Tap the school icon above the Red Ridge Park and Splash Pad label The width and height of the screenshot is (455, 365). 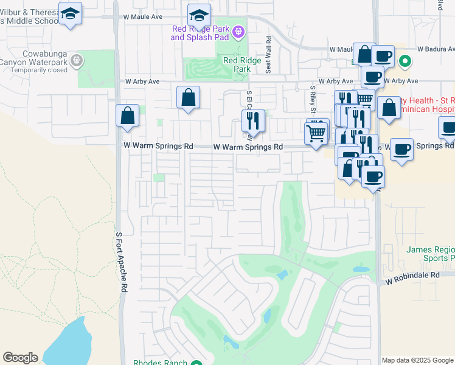[x=199, y=15]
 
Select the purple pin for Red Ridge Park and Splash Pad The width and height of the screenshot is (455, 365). [x=238, y=30]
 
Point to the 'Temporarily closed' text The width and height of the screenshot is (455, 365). [x=45, y=70]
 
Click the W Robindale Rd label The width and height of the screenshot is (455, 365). [x=412, y=275]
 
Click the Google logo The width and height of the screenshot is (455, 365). [x=20, y=358]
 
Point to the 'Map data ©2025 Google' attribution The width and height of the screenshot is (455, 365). [x=417, y=360]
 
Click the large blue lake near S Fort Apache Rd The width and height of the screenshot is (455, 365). [x=70, y=342]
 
